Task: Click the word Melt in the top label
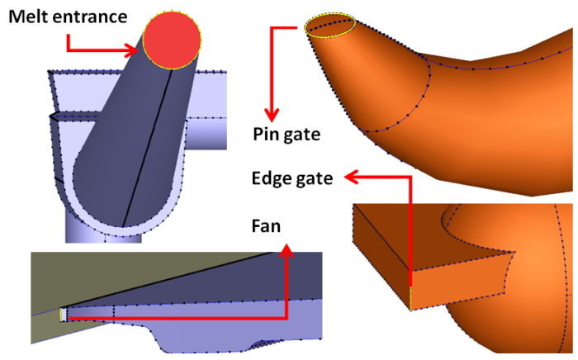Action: click(27, 16)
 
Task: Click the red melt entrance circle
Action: click(172, 41)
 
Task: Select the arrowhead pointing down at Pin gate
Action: click(272, 112)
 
